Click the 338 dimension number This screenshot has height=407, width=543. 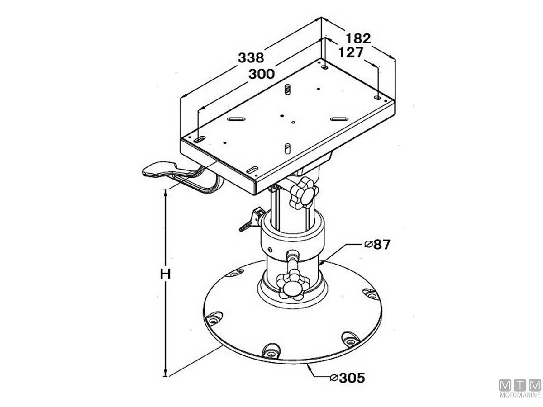pos(251,57)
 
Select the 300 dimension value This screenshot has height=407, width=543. pos(262,74)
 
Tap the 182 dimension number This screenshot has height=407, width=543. pos(358,38)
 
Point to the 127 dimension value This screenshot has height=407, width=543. pos(351,52)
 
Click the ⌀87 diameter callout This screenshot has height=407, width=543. pos(377,245)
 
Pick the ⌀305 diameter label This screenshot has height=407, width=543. pos(348,385)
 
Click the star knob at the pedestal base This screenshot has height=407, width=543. pos(293,285)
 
